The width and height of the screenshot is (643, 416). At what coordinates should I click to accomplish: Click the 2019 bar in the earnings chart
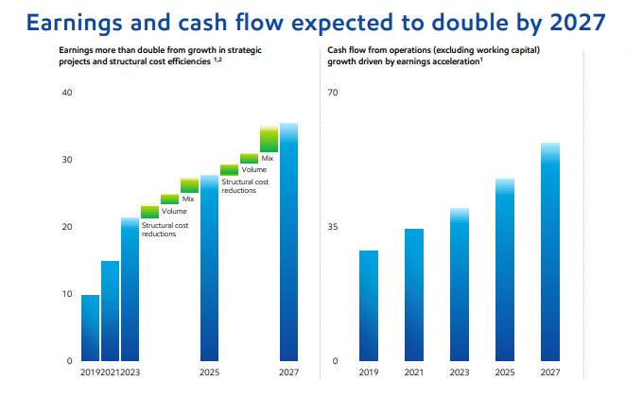90,328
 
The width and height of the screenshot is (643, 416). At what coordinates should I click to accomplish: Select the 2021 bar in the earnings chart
110,311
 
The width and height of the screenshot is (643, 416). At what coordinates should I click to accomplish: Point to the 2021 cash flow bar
413,295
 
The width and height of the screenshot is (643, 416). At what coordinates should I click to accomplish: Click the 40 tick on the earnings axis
65,93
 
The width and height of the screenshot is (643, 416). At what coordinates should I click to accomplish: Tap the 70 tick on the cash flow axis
333,93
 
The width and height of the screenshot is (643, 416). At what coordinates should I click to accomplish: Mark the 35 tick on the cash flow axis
333,227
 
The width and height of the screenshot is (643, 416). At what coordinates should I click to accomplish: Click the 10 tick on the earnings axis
65,294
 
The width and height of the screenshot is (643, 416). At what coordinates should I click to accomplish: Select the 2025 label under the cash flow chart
504,373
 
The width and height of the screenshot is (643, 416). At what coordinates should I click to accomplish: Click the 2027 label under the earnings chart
288,373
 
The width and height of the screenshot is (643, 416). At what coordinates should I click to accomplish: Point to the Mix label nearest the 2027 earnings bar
268,158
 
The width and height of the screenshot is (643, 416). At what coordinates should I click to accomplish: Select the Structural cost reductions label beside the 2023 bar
165,230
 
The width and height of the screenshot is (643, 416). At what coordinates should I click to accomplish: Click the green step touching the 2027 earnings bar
269,138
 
